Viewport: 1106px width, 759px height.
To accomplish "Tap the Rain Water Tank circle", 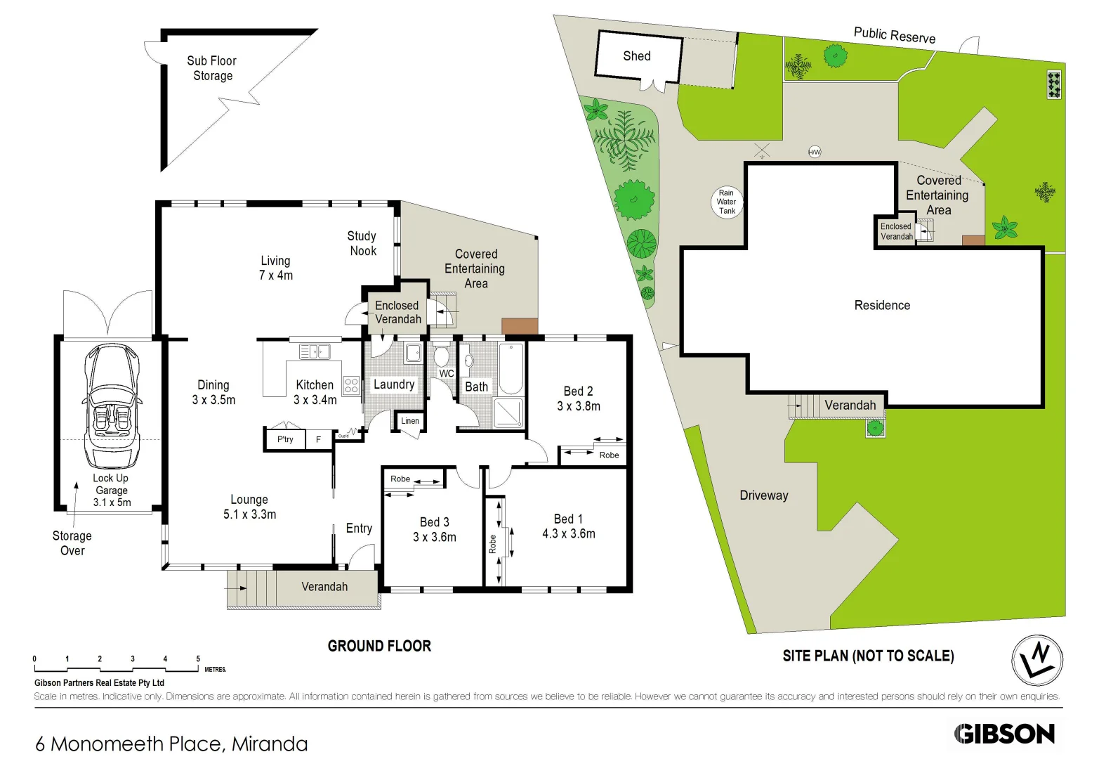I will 727,202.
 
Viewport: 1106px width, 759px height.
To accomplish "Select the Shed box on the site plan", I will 638,56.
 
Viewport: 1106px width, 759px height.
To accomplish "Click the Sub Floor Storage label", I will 212,68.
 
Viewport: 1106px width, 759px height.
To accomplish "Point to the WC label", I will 447,373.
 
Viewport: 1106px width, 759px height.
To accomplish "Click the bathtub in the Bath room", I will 511,368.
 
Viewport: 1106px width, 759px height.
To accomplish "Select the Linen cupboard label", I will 410,421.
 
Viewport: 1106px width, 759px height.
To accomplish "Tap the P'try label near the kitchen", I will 285,439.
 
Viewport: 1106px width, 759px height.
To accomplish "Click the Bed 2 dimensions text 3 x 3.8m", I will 579,406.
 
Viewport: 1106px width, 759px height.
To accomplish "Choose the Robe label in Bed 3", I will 400,479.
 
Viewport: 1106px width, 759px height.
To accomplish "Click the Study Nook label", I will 362,243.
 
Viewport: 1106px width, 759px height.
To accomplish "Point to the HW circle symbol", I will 815,152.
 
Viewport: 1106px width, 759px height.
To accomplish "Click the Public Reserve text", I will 894,35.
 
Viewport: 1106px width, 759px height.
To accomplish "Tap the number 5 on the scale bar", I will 198,659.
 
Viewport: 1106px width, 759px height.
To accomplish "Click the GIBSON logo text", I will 1004,734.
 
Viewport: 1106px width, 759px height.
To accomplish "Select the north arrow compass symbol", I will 1037,661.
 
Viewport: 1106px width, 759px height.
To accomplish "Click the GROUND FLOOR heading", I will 379,646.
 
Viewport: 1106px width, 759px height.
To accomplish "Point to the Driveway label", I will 764,495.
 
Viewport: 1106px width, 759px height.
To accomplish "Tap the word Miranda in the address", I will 270,744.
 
